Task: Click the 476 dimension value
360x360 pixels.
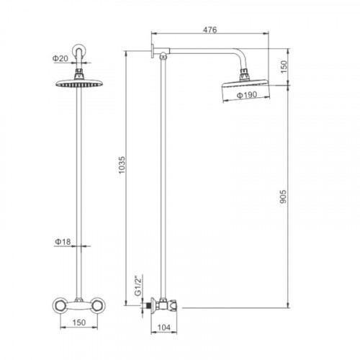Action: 210,30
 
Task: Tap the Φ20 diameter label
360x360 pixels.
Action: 60,58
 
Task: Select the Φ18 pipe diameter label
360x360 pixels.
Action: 63,242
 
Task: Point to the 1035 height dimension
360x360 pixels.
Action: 122,165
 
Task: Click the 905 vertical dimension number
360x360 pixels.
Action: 283,197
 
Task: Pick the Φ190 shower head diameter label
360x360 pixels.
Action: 247,95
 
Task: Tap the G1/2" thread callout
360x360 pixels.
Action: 138,287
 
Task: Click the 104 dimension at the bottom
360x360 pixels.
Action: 164,327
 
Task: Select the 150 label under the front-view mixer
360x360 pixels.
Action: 79,323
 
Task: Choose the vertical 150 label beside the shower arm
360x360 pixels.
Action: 284,67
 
